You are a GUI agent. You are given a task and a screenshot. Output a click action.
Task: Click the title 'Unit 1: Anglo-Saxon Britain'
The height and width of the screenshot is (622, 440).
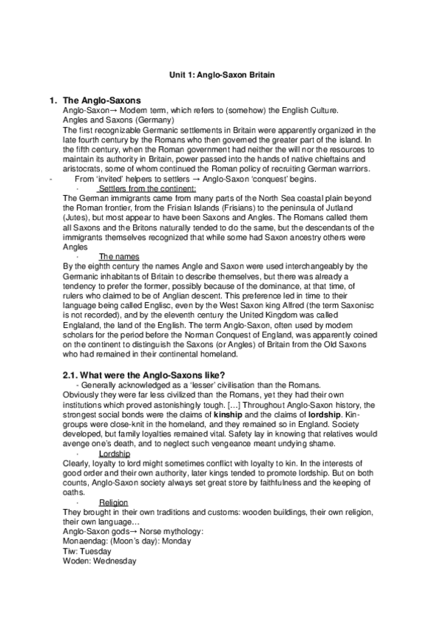coord(220,75)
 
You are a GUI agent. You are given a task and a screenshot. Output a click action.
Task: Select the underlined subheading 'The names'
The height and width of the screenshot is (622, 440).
coord(117,256)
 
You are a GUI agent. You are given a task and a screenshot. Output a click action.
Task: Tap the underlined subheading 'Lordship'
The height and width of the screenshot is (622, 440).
coord(114,454)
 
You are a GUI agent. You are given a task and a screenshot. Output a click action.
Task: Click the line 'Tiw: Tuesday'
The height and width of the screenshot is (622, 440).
coord(87,550)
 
